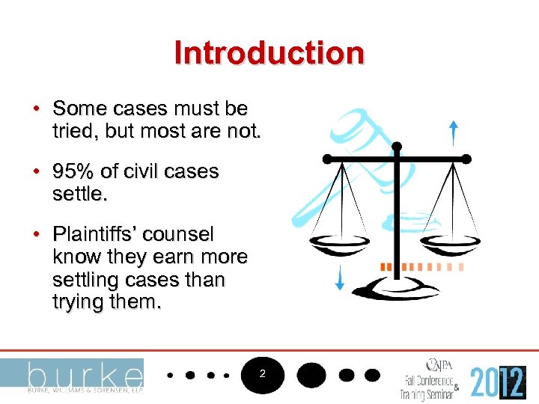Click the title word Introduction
[269, 53]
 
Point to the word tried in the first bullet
[71, 132]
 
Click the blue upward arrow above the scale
[453, 132]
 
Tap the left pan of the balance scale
[341, 243]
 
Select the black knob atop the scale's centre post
[397, 146]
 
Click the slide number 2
[263, 373]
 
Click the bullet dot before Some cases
[36, 109]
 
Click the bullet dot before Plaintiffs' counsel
[36, 235]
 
